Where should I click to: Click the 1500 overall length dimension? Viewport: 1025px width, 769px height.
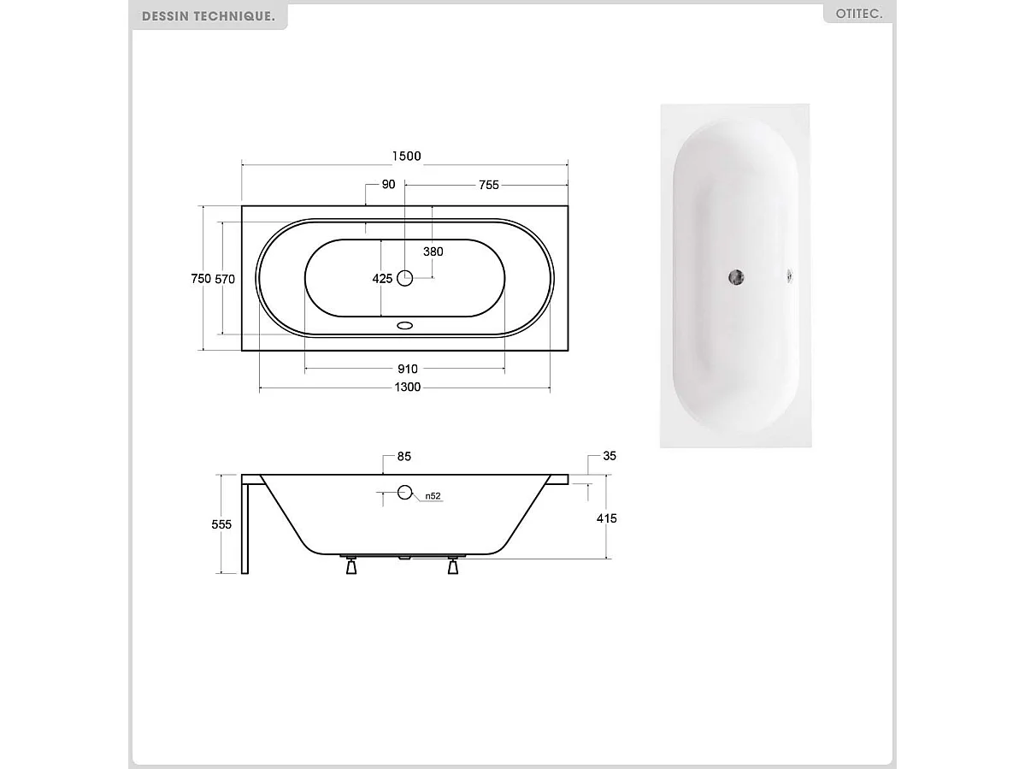406,156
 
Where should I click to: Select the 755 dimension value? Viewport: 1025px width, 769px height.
488,185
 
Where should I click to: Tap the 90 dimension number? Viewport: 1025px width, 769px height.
388,185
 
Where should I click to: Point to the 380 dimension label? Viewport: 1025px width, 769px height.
433,251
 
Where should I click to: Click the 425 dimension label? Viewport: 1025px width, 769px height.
382,278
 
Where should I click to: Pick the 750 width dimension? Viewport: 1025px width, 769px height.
200,278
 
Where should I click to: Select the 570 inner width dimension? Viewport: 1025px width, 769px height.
224,278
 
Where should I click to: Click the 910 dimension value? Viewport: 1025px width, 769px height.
407,369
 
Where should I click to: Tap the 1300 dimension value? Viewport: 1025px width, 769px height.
407,387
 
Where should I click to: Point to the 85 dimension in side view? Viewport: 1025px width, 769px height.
404,457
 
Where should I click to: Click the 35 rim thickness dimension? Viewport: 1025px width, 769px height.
609,457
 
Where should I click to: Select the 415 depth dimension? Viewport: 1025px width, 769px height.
607,518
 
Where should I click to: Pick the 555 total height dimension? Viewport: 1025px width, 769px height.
221,524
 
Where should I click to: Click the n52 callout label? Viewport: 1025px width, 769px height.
433,496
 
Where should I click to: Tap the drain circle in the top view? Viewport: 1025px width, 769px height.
405,277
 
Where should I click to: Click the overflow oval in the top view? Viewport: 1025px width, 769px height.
405,325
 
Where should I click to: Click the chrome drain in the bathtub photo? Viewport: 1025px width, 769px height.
735,276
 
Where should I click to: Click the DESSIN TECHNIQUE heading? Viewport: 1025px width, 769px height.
209,16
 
